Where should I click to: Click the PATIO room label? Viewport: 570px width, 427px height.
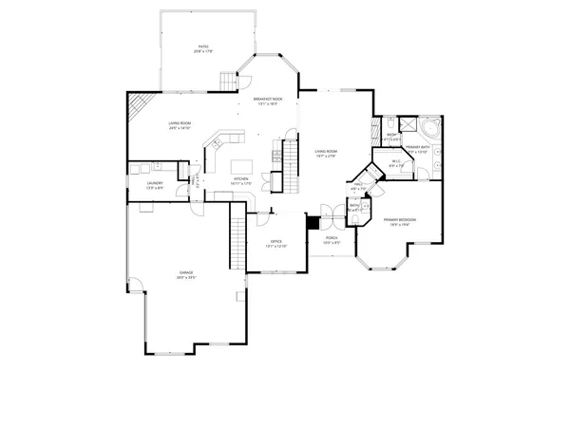click(202, 46)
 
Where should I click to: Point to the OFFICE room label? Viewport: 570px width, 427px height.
click(276, 241)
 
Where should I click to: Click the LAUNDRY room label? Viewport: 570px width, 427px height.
click(154, 183)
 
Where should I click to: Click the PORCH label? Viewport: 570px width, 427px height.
click(331, 239)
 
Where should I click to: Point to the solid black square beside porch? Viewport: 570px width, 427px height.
click(311, 222)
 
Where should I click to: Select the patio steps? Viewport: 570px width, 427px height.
click(227, 80)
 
